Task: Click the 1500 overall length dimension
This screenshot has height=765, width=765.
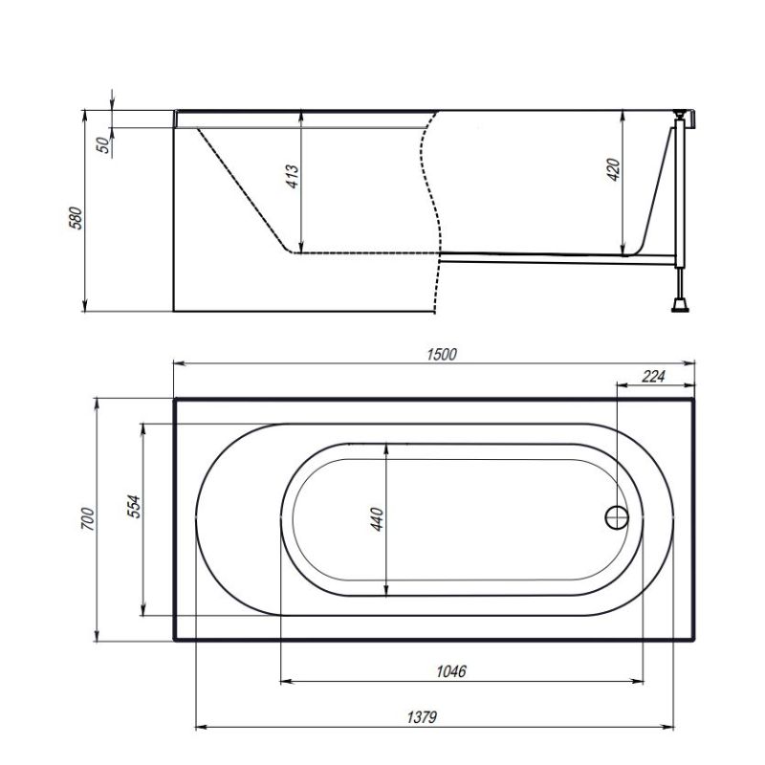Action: click(x=441, y=353)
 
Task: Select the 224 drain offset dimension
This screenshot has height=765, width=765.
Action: click(x=652, y=376)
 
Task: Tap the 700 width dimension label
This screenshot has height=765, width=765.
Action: click(x=86, y=520)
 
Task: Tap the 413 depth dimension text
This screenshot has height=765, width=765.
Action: click(x=293, y=176)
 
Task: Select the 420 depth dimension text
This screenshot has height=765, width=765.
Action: click(x=614, y=169)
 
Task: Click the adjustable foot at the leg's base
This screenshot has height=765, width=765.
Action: click(x=681, y=305)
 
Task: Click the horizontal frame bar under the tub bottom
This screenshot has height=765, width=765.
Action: click(x=555, y=255)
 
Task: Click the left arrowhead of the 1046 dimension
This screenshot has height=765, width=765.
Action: click(x=285, y=682)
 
